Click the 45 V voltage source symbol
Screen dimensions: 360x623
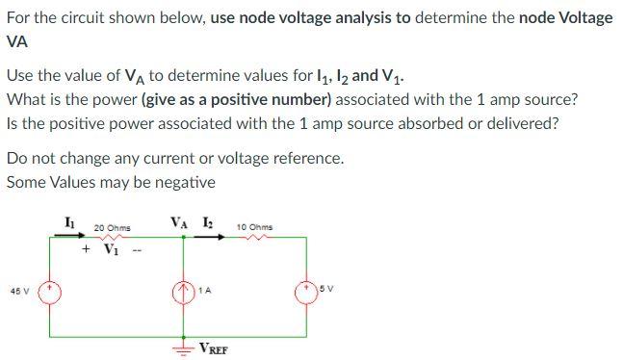48,289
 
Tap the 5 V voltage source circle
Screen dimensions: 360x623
308,289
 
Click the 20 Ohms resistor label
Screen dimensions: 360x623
112,228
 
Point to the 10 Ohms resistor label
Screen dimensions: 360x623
253,228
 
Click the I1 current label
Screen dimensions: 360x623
67,223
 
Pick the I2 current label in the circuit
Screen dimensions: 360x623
208,223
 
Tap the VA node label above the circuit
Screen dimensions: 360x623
180,223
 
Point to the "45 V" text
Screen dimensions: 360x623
19,290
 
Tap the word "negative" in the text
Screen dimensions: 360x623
182,182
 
